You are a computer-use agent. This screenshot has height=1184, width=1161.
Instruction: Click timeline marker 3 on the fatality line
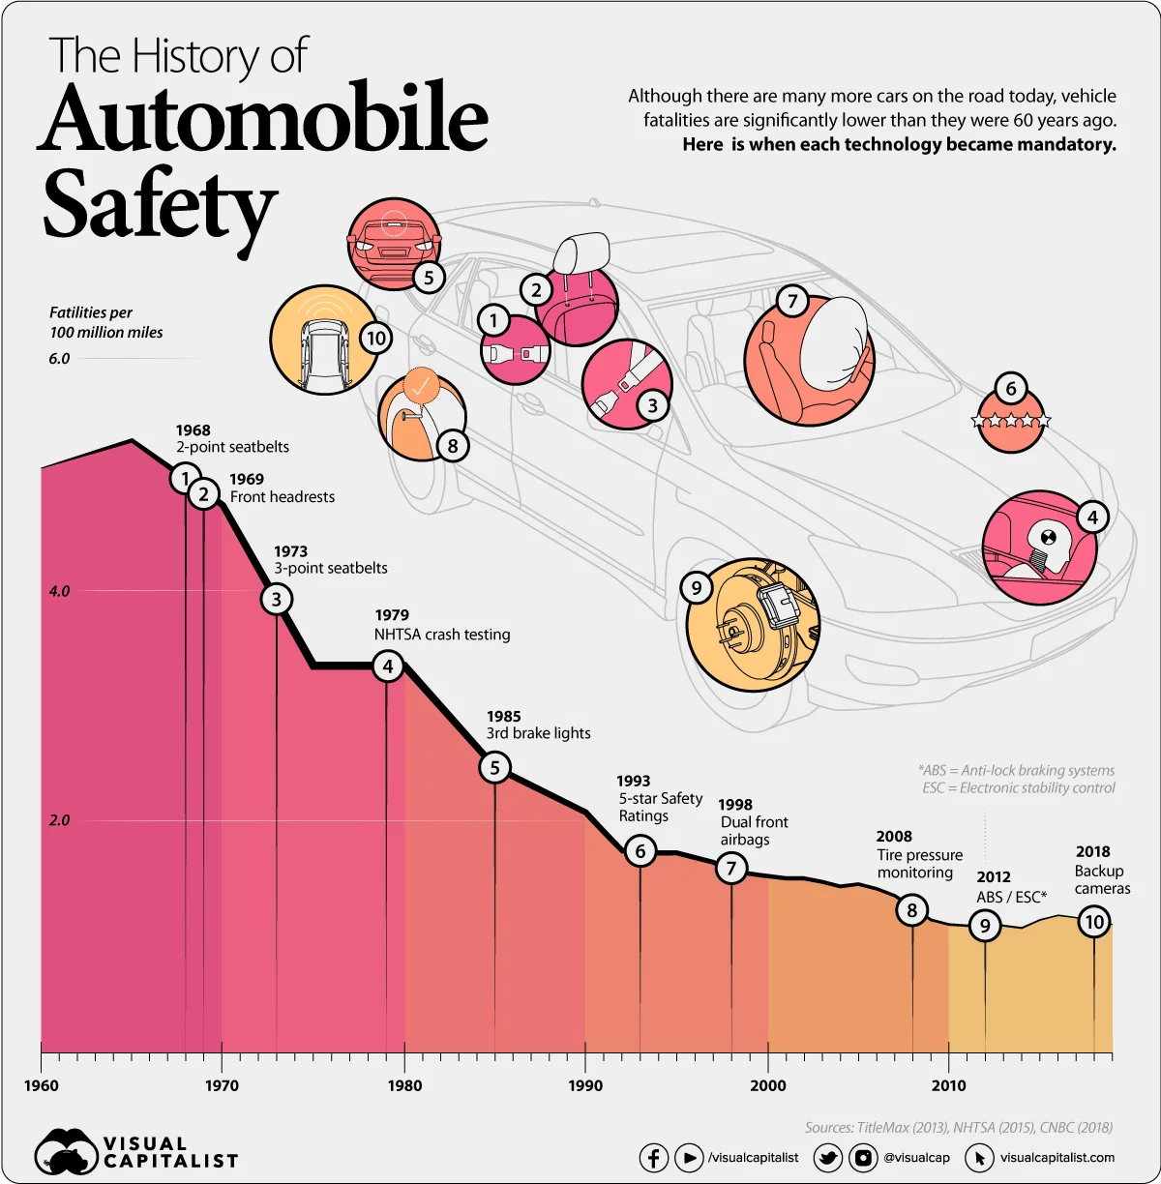[x=277, y=599]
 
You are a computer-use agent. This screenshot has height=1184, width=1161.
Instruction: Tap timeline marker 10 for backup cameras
[x=1093, y=922]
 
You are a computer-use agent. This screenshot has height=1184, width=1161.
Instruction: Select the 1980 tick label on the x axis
[x=404, y=1085]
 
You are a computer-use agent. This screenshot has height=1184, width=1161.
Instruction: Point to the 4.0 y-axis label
[x=60, y=591]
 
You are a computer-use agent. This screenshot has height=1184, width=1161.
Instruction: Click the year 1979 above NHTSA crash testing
[x=392, y=615]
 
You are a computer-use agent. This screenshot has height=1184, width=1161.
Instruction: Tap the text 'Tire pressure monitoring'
[x=919, y=864]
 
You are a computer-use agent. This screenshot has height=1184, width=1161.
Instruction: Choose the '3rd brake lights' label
[x=538, y=733]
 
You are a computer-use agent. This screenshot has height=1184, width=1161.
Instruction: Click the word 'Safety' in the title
[x=160, y=206]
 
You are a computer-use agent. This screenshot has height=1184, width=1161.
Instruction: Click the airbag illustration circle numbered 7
[x=808, y=361]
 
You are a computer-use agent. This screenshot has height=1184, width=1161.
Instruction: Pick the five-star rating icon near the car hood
[x=1010, y=422]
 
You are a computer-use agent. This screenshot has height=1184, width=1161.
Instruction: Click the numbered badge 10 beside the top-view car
[x=375, y=339]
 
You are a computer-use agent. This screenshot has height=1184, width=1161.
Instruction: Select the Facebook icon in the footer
[x=653, y=1157]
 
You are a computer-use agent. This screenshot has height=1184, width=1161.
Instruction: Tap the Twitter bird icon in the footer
[x=827, y=1157]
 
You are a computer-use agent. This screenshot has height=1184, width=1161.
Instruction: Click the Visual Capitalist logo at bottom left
[x=135, y=1152]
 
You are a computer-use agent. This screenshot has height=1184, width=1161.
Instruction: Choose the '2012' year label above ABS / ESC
[x=994, y=877]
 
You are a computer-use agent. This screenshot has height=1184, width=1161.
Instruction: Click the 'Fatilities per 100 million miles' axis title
[x=106, y=322]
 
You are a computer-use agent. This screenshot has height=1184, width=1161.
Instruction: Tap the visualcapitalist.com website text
[x=1057, y=1157]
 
